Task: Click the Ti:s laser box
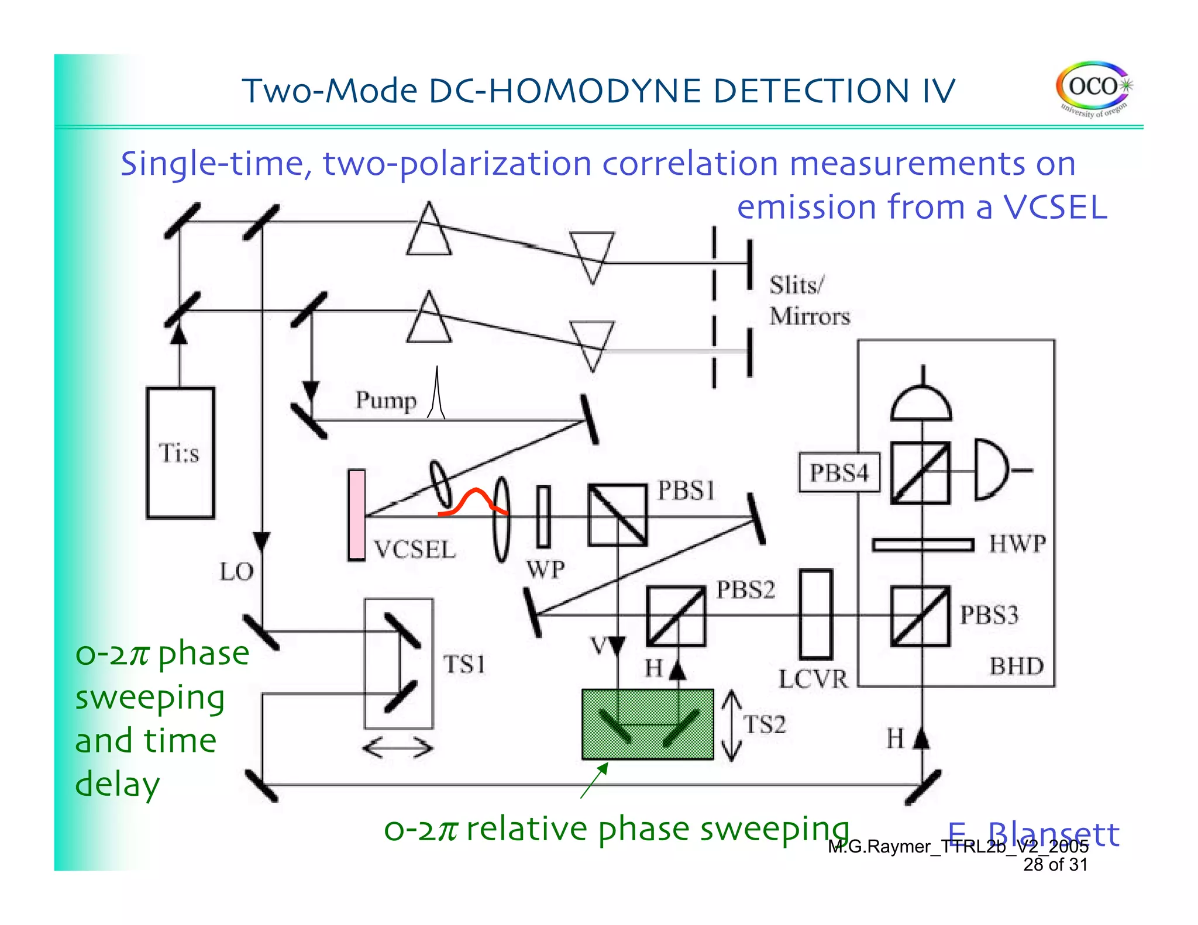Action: click(180, 453)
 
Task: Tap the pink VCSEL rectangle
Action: click(356, 515)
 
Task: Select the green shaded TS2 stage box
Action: click(648, 724)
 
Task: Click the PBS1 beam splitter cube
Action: click(617, 515)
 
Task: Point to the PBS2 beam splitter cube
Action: click(676, 616)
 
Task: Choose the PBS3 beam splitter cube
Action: click(920, 616)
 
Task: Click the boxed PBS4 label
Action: click(839, 472)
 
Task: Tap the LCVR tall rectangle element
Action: click(815, 615)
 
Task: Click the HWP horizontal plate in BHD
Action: click(922, 545)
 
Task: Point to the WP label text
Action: click(545, 570)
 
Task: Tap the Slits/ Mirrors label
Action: click(808, 301)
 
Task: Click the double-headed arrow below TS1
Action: click(398, 748)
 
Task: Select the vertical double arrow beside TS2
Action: click(731, 726)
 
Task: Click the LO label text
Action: click(236, 572)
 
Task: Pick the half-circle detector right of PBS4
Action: click(990, 470)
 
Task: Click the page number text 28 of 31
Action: click(1055, 865)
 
